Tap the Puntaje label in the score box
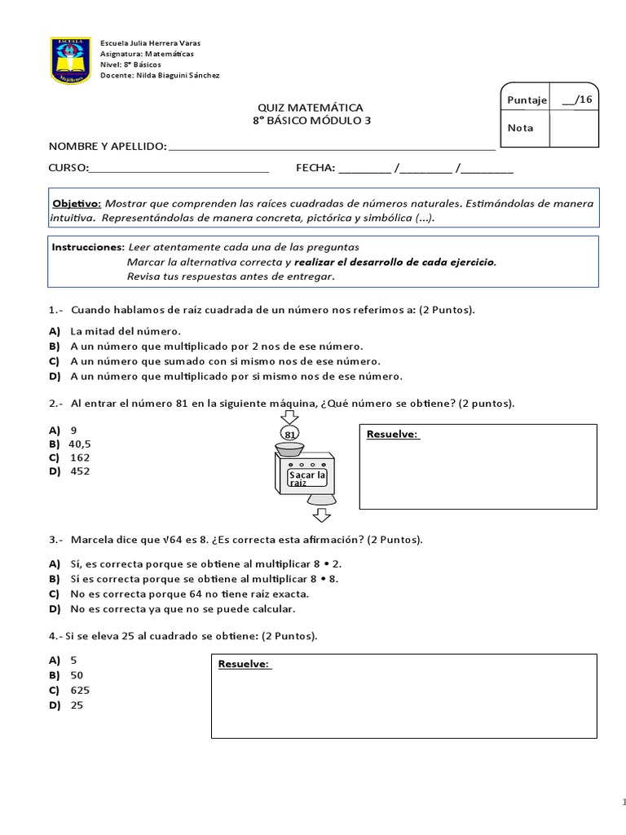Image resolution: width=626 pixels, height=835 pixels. (x=526, y=99)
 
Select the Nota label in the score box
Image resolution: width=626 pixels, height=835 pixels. (x=520, y=128)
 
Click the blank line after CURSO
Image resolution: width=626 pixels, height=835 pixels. (x=178, y=169)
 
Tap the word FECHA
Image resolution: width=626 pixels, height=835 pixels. (x=315, y=168)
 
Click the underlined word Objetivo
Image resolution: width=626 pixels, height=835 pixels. (x=77, y=203)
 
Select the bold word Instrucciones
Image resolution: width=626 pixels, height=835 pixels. (x=87, y=246)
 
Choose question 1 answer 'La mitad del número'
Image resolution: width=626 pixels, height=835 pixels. (x=126, y=331)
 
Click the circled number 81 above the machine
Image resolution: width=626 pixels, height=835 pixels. (x=289, y=435)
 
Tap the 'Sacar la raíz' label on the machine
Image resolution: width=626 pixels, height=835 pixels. (x=307, y=479)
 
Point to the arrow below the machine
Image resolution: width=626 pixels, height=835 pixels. (x=321, y=515)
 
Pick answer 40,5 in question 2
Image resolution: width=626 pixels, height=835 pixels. (x=79, y=444)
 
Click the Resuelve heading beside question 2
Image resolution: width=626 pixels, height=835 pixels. (x=393, y=434)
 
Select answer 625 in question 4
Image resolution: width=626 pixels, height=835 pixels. (x=80, y=690)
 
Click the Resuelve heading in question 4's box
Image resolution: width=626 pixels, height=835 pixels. (x=244, y=664)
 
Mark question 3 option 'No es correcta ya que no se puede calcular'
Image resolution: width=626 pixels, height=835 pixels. (x=183, y=608)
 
